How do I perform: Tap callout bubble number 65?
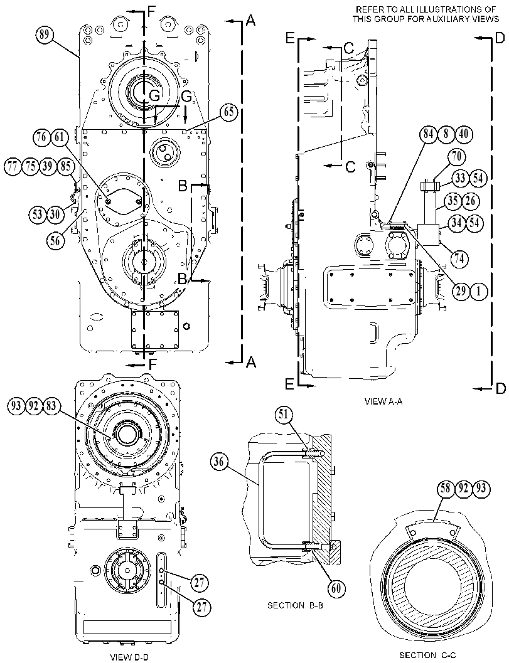[x=229, y=112]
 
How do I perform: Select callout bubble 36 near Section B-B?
[x=219, y=462]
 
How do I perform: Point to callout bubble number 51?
[x=284, y=415]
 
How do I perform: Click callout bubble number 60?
[x=336, y=588]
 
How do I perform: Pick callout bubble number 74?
[x=459, y=259]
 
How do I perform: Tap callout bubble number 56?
[x=55, y=240]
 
